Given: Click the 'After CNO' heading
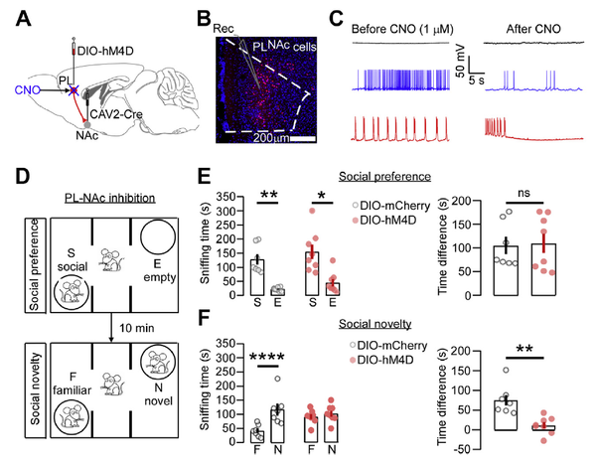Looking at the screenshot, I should [x=519, y=16].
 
